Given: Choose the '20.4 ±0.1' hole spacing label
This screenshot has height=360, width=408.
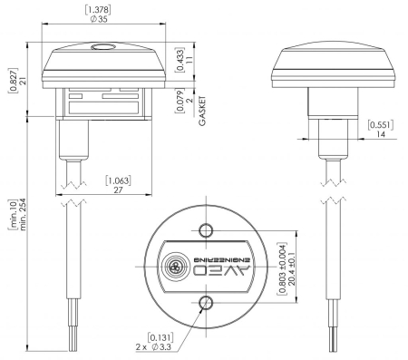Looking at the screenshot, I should pos(291,267).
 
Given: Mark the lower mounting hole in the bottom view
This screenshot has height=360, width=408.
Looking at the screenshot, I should pos(206,303).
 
